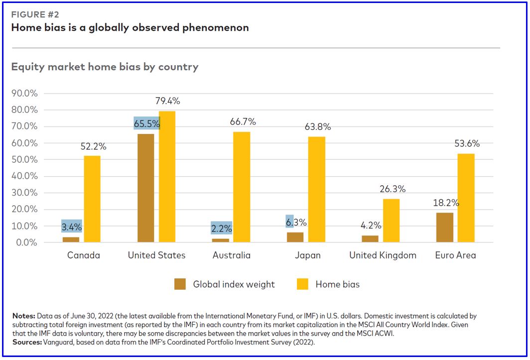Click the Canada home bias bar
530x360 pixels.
click(x=92, y=199)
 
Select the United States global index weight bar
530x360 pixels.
click(x=145, y=188)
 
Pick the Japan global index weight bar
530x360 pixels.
click(x=295, y=237)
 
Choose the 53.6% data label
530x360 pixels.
click(x=467, y=144)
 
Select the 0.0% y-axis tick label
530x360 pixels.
click(x=27, y=242)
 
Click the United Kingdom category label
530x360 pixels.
click(x=383, y=255)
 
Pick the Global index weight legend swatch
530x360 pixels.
click(x=180, y=284)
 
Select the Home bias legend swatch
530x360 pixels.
click(x=302, y=284)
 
